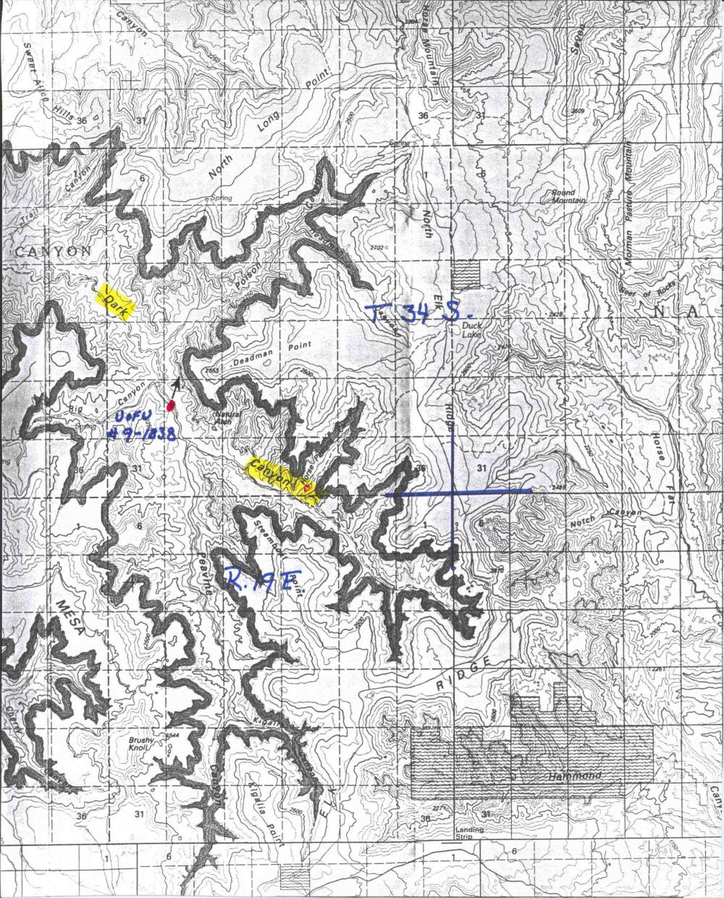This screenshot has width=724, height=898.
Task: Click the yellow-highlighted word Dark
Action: [x=117, y=302]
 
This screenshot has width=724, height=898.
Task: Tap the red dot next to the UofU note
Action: [x=171, y=406]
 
